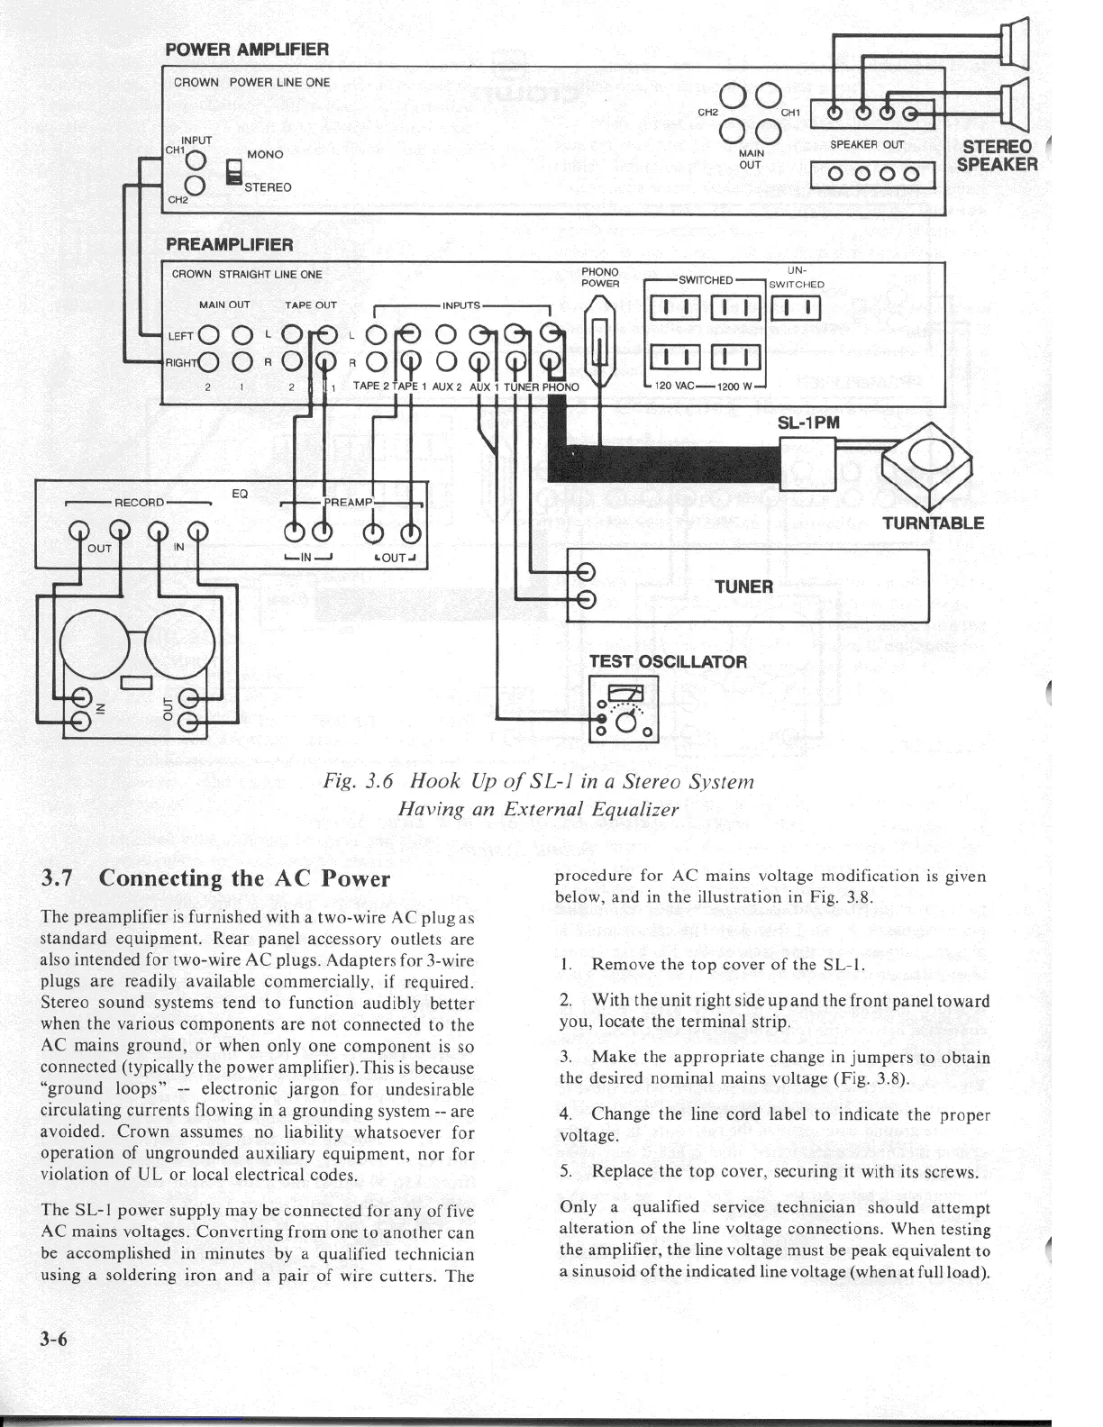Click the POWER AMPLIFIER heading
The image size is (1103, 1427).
click(247, 50)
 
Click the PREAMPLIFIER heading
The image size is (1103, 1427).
click(229, 245)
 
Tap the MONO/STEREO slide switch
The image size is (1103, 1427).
click(234, 173)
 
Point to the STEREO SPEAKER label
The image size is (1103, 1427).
click(997, 156)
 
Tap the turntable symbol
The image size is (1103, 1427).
click(928, 461)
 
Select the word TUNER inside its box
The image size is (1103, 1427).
click(743, 587)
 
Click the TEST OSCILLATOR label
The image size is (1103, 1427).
click(668, 661)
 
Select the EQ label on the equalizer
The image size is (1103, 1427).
click(240, 494)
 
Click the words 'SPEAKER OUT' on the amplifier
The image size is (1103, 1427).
click(867, 144)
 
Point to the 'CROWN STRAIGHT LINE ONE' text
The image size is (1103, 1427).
click(247, 274)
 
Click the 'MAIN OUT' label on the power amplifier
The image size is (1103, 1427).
click(750, 159)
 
